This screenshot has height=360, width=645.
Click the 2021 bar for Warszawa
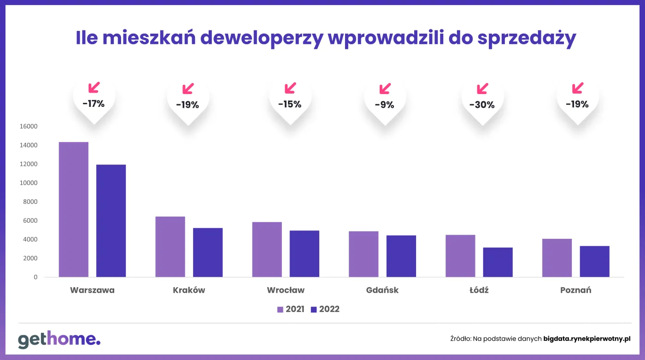74,210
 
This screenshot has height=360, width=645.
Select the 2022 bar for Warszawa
111,221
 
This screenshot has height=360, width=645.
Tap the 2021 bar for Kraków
170,247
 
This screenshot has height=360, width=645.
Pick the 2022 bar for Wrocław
304,254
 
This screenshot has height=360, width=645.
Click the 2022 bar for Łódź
498,262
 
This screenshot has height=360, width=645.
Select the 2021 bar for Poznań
557,258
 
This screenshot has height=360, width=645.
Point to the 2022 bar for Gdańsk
401,256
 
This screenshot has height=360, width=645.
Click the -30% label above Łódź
482,105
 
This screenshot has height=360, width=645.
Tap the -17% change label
94,104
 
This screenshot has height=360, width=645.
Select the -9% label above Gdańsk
384,105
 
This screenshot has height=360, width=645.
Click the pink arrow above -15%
290,88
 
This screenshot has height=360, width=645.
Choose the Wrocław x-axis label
286,290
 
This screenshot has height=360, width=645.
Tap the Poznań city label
575,290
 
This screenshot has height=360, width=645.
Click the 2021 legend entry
291,309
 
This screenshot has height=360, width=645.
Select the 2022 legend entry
325,309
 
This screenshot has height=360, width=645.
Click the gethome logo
59,340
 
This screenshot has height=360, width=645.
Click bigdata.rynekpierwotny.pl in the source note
586,339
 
